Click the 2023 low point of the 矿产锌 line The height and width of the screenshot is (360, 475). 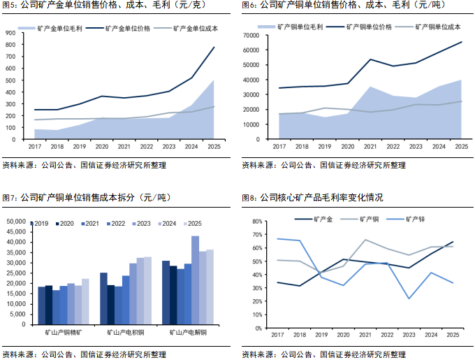409,299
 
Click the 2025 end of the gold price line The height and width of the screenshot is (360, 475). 214,48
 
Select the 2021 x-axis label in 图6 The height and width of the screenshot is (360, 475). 370,146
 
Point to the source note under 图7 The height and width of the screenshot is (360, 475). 84,353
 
